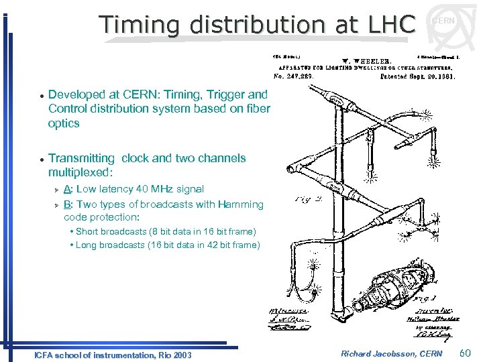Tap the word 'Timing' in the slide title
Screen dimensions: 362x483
[x=140, y=24]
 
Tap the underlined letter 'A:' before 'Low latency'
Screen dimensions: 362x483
[x=68, y=189]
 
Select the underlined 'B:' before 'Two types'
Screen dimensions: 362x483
[x=68, y=204]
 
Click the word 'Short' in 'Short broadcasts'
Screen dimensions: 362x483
[x=87, y=231]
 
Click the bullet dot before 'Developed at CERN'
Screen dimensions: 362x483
[x=41, y=95]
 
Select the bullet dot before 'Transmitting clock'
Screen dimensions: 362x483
[x=41, y=159]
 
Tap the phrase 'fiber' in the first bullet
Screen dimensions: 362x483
[x=256, y=109]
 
